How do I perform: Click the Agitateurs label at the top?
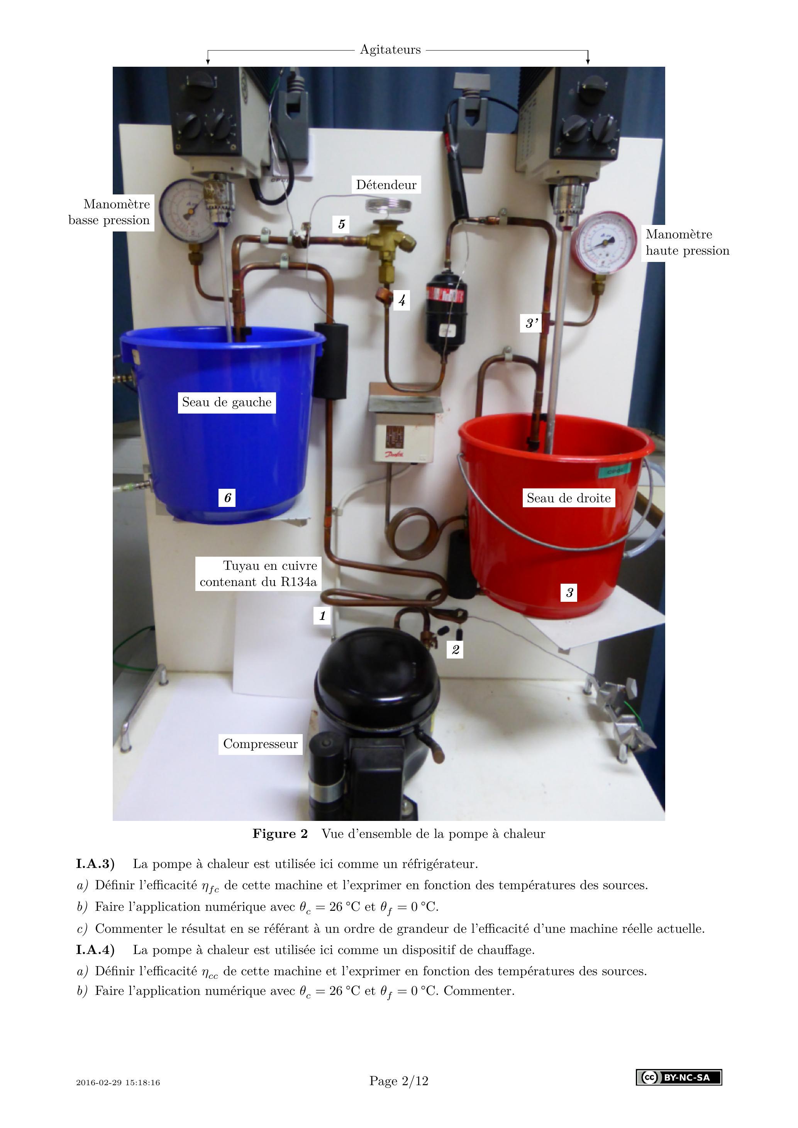pyautogui.click(x=390, y=50)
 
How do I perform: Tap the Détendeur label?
pyautogui.click(x=386, y=185)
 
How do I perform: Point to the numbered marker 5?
pyautogui.click(x=342, y=224)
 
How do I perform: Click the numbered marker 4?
pyautogui.click(x=402, y=300)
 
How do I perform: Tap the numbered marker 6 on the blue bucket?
pyautogui.click(x=227, y=498)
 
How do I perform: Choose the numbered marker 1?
pyautogui.click(x=322, y=616)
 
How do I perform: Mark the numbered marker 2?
pyautogui.click(x=455, y=650)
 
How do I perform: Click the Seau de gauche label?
pyautogui.click(x=227, y=402)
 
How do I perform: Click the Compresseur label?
pyautogui.click(x=261, y=744)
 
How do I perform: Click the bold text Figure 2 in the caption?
pyautogui.click(x=280, y=834)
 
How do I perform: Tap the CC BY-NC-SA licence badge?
pyautogui.click(x=679, y=1077)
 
